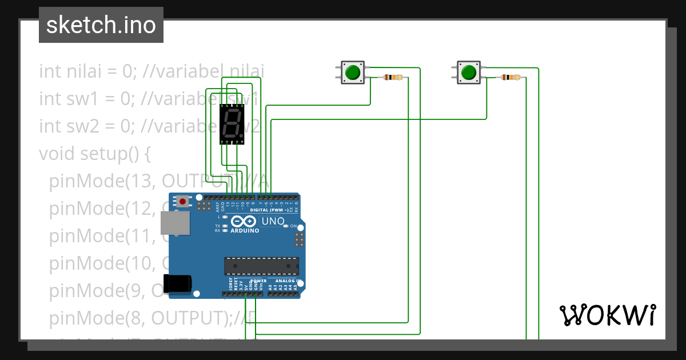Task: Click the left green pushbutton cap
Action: pyautogui.click(x=353, y=73)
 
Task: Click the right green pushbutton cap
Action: pyautogui.click(x=469, y=73)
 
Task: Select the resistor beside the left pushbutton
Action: pyautogui.click(x=393, y=77)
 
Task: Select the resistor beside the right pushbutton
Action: pyautogui.click(x=510, y=77)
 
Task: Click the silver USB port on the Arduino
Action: pyautogui.click(x=176, y=223)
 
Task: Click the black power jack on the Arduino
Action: pyautogui.click(x=177, y=284)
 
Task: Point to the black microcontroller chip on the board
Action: pyautogui.click(x=261, y=266)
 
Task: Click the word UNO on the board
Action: pyautogui.click(x=273, y=221)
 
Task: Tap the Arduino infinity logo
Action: pyautogui.click(x=245, y=222)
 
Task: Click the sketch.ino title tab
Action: pyautogui.click(x=101, y=25)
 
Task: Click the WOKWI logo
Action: pyautogui.click(x=607, y=315)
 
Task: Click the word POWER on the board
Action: pyautogui.click(x=258, y=281)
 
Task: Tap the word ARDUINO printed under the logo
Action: pyautogui.click(x=245, y=231)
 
